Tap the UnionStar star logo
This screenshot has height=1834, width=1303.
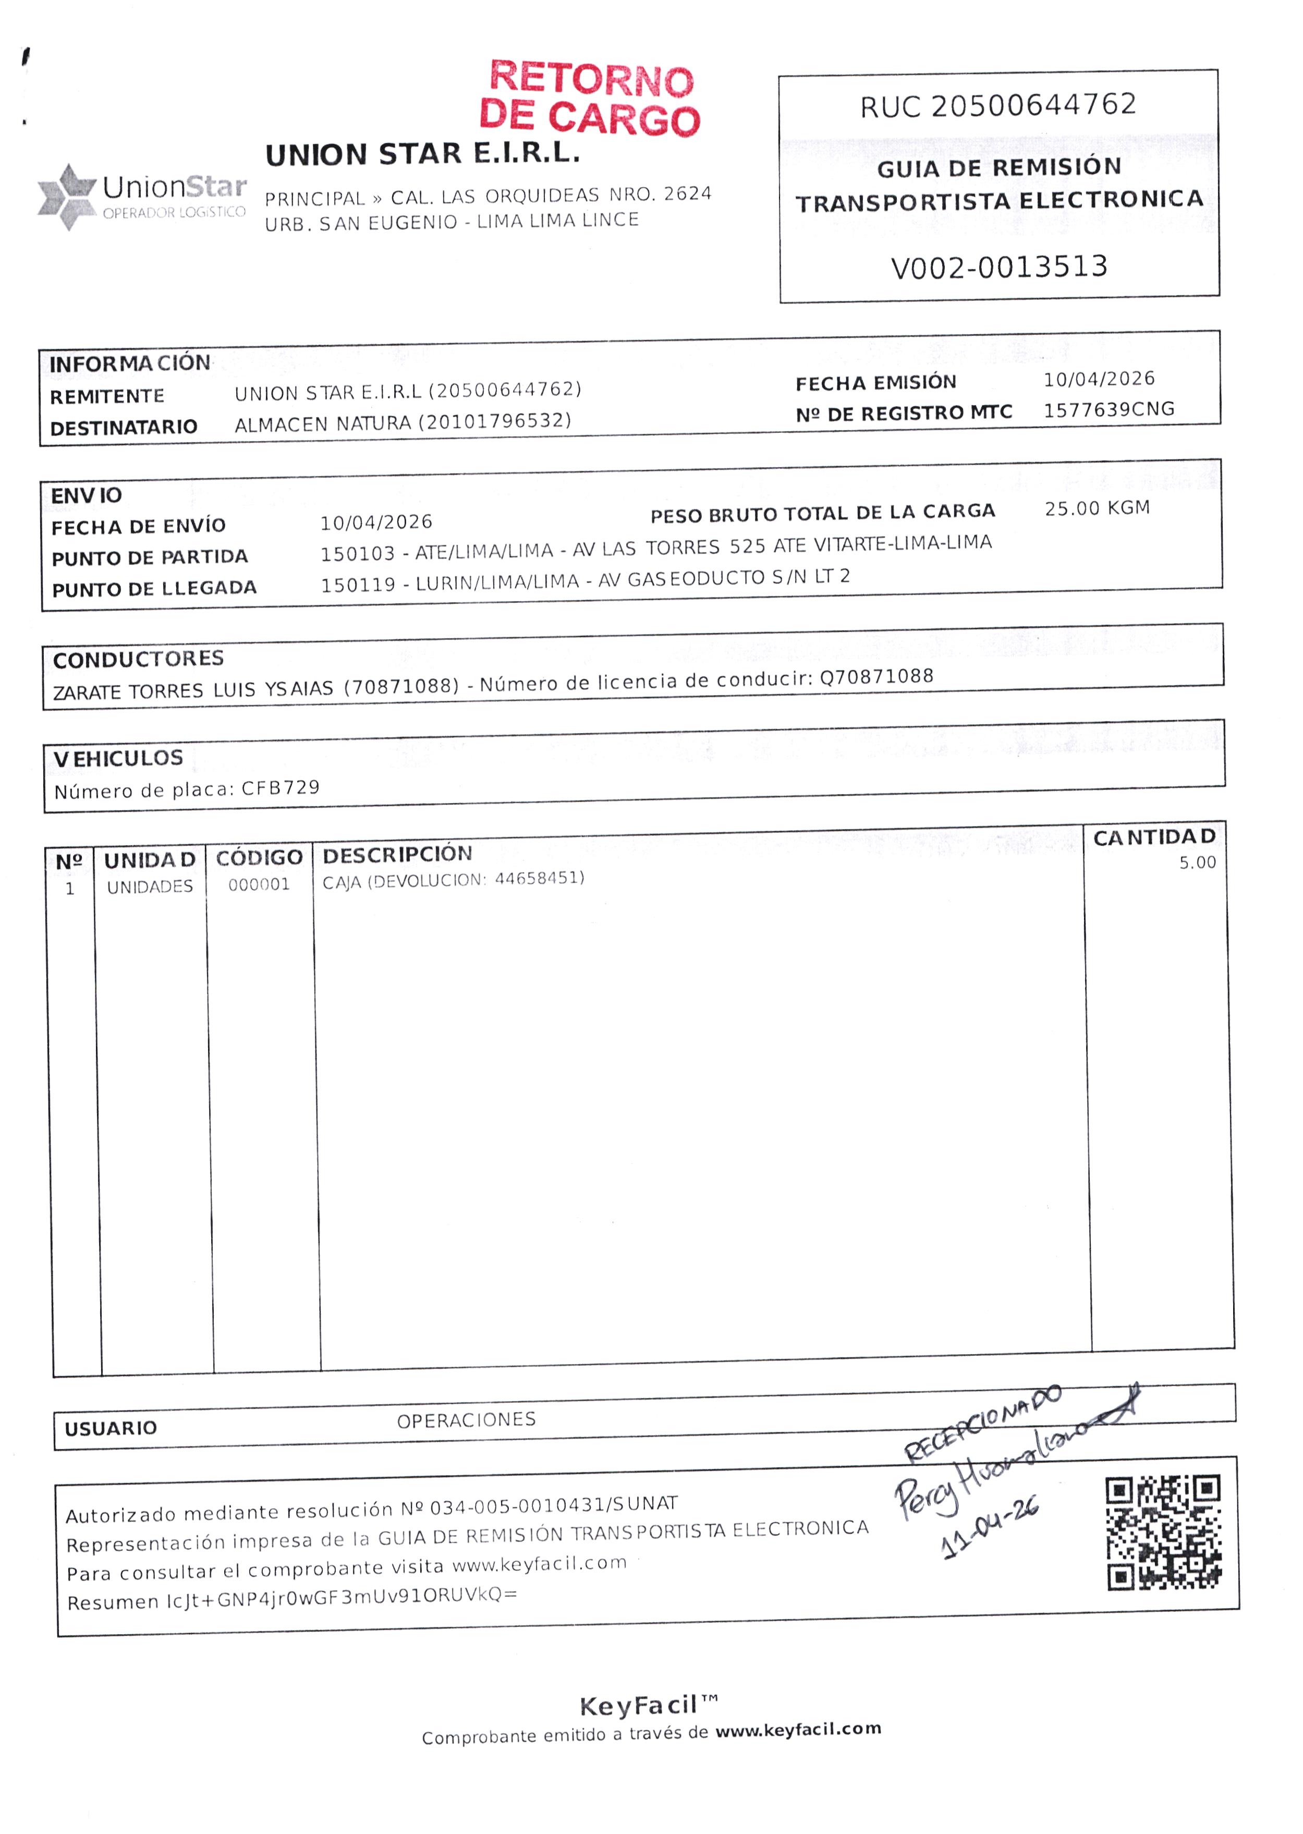67,197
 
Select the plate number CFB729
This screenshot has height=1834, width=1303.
281,788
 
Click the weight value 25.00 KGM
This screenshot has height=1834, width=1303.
1097,508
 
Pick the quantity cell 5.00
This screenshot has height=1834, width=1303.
1197,863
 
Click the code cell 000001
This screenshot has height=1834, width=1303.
258,885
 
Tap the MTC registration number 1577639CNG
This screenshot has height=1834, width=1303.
1109,410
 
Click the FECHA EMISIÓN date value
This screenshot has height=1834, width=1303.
1099,379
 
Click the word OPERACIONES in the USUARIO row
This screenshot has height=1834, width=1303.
466,1420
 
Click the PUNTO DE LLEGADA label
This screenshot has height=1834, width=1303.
154,589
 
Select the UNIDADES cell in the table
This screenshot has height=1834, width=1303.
150,886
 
